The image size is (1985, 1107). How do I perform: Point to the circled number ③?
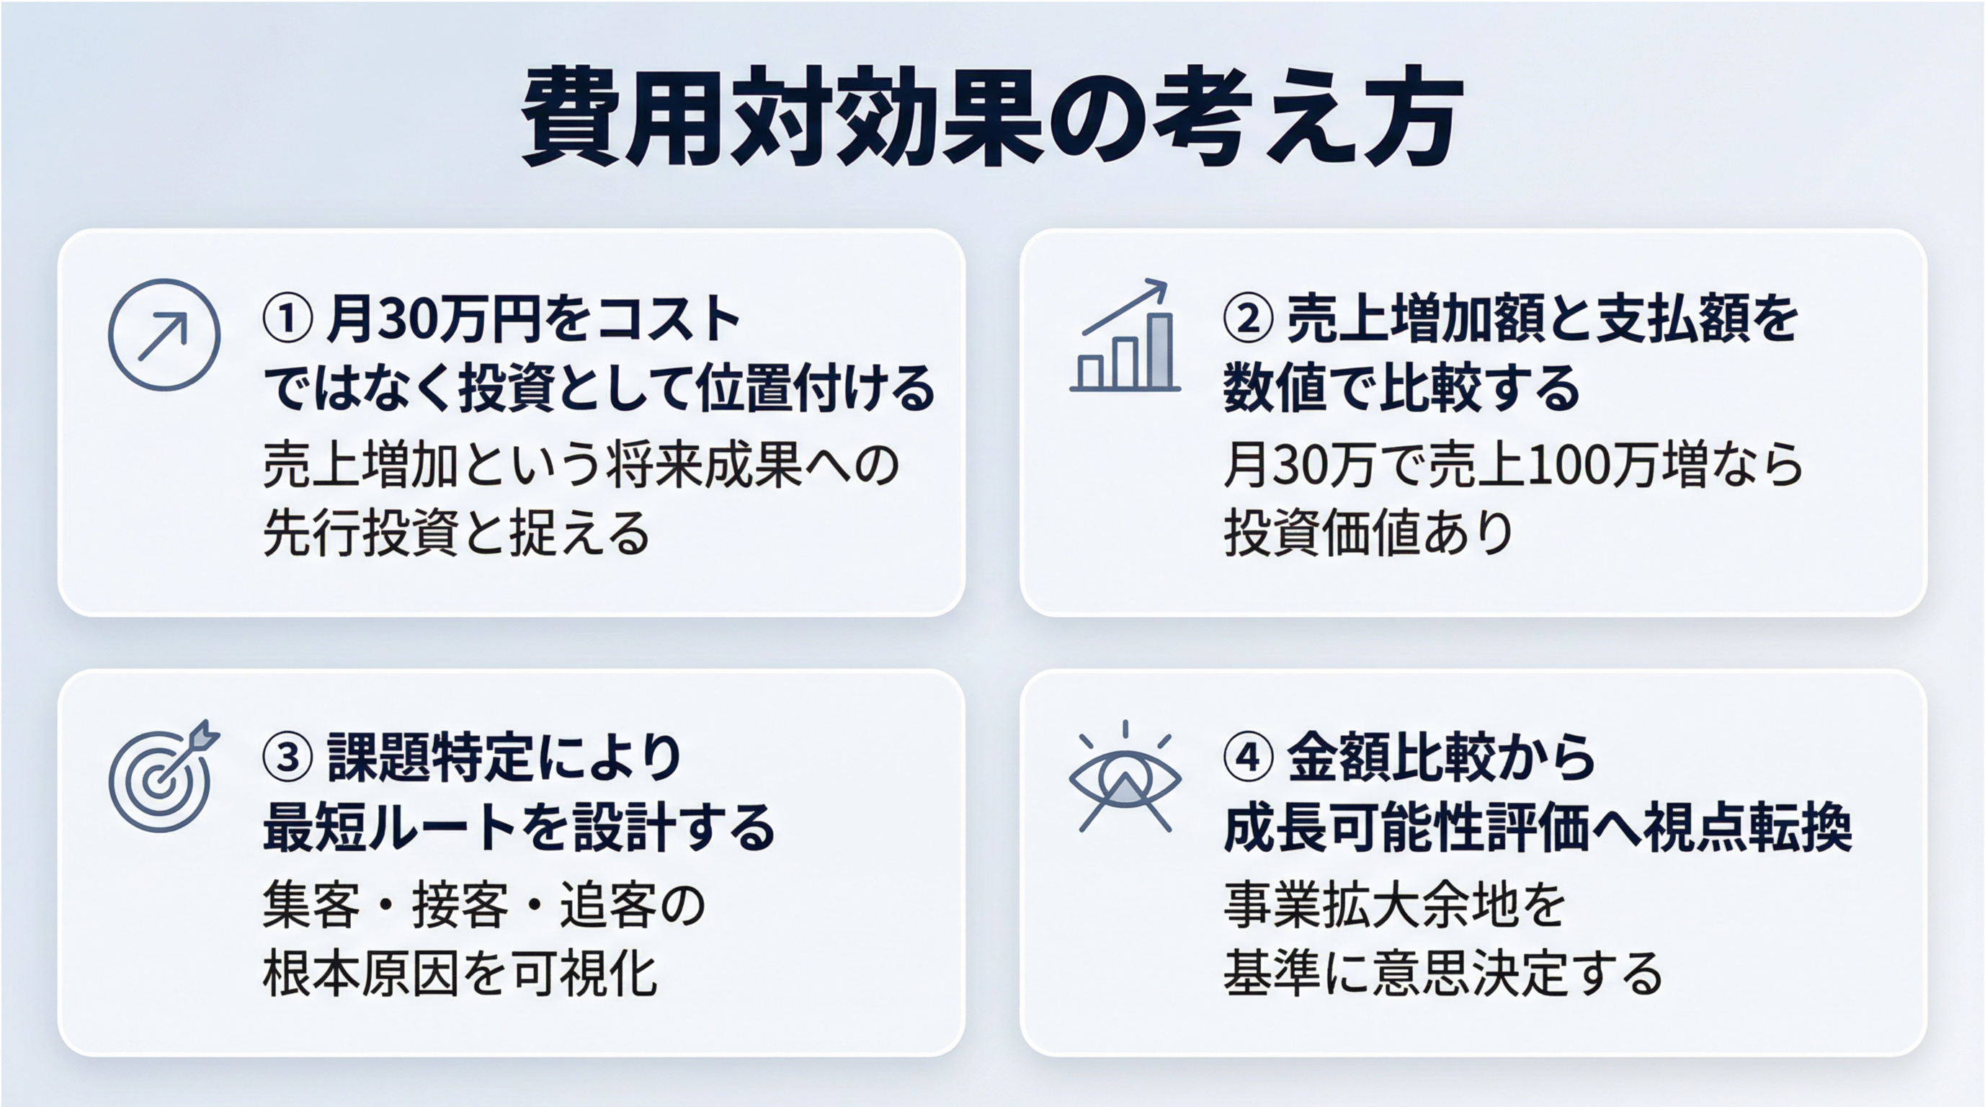pyautogui.click(x=287, y=757)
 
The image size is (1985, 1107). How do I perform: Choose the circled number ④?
pyautogui.click(x=1249, y=757)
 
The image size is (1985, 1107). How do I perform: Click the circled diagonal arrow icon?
pyautogui.click(x=164, y=334)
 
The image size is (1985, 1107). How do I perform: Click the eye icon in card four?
pyautogui.click(x=1125, y=778)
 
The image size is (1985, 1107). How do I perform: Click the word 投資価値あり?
pyautogui.click(x=1368, y=533)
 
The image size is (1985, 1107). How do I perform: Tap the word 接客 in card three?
pyautogui.click(x=460, y=904)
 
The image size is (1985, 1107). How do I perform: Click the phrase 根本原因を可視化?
pyautogui.click(x=460, y=974)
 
